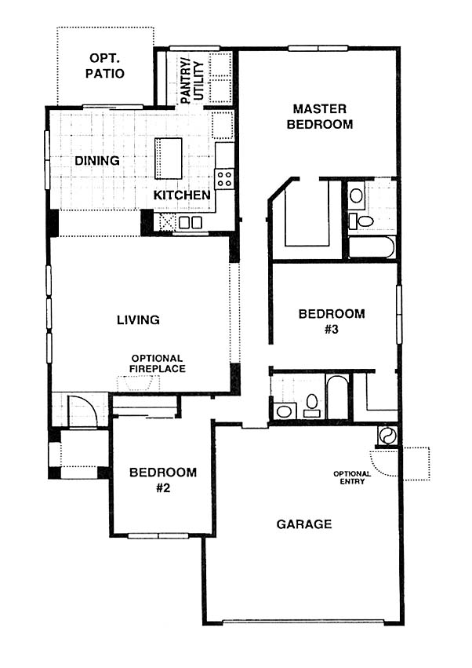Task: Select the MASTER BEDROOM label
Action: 320,116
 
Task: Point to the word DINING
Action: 97,161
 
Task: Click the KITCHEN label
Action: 182,195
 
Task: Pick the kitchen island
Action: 168,159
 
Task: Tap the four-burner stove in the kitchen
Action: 224,178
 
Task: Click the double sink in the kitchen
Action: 191,222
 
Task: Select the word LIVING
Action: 138,319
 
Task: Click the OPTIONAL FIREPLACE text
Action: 158,363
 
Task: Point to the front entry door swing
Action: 83,411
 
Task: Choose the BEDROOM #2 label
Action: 163,480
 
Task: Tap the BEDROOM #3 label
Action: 332,321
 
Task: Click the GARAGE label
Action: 304,524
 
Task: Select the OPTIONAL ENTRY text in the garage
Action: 352,477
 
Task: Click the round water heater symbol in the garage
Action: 387,436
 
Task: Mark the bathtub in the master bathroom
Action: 372,247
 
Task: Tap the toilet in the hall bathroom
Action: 312,405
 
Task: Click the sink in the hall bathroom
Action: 284,411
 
